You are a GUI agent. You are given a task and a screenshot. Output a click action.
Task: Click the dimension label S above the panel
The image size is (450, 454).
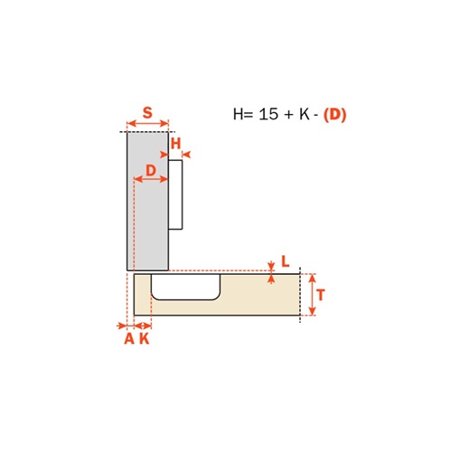pos(147,113)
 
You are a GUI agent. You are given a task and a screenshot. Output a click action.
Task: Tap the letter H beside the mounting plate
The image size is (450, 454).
pos(175,144)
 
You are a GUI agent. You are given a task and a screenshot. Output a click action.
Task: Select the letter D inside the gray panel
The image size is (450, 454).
pos(151,171)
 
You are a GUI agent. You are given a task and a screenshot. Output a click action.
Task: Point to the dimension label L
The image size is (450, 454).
pos(286,261)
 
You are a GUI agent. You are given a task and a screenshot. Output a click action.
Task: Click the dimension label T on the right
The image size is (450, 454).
pos(321,295)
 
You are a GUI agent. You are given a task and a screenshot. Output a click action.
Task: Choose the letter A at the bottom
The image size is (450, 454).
pos(129,339)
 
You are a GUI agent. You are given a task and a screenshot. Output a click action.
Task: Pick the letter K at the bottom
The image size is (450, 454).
pos(145,339)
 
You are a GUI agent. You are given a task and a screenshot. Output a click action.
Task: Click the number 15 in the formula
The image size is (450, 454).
pos(268,114)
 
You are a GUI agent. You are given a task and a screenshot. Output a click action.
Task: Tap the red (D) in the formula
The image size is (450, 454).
pos(334,115)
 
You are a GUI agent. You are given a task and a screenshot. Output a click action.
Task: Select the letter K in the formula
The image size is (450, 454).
pos(305,114)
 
